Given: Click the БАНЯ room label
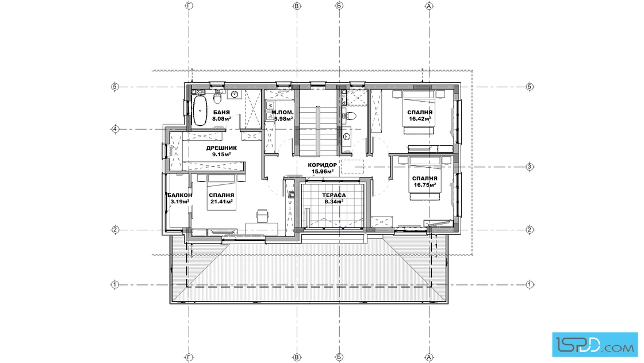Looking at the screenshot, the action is pos(221,113).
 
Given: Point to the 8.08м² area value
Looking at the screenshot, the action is pos(221,119).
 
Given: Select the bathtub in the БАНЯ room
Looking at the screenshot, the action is pos(200,111).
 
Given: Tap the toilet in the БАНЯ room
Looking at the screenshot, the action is pos(218,98).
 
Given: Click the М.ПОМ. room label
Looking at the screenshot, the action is pos(282,113).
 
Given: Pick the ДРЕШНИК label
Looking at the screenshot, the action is pos(221,148).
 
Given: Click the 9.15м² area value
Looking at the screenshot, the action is pos(221,155).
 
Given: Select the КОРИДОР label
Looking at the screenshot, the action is pos(323,165).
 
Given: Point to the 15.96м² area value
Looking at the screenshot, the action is pos(323,172).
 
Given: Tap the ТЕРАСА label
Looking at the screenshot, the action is pos(334,196).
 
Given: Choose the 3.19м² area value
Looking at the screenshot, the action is pos(179,202).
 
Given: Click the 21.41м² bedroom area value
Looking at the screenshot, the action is pos(222,202).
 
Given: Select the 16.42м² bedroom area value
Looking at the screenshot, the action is pos(420,119).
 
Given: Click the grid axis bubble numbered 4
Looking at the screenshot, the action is pos(115,129).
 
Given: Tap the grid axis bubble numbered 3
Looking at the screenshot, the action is pos(530,167).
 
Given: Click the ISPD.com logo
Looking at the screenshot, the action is pos(595,345).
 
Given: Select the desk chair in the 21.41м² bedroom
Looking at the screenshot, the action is pos(262,215).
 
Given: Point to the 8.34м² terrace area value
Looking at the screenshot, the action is pos(334,202).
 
